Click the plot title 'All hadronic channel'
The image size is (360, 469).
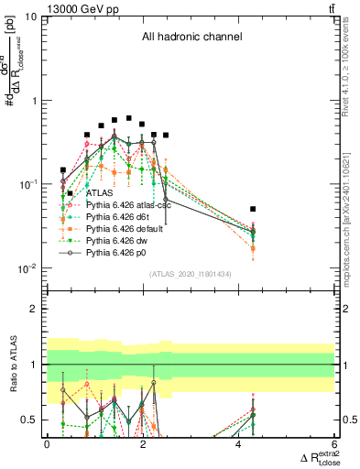point(191,38)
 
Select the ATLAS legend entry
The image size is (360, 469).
point(100,193)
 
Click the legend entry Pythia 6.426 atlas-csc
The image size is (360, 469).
point(131,206)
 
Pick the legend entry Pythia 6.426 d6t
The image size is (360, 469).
point(122,219)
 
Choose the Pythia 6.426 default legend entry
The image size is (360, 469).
point(127,232)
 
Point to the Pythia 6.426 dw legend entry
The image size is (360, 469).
point(121,245)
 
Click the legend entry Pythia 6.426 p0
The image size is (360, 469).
point(121,257)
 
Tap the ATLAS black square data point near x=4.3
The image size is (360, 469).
point(253,209)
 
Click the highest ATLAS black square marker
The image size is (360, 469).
point(129,118)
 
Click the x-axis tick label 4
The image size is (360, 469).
point(239,444)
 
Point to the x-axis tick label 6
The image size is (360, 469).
point(335,444)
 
